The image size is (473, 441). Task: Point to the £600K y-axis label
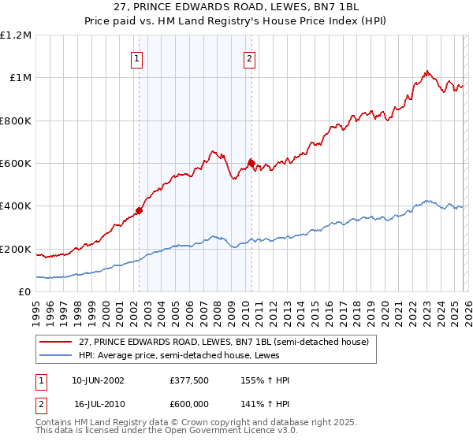[x=16, y=164]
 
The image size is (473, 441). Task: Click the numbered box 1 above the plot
[x=137, y=58]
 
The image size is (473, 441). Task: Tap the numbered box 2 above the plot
[x=249, y=58]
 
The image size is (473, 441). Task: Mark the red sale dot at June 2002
[x=140, y=210]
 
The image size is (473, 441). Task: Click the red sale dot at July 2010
[x=251, y=163]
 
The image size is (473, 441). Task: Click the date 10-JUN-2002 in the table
[x=99, y=380]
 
